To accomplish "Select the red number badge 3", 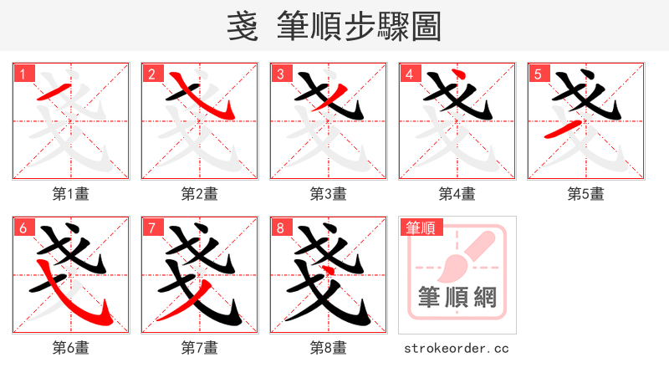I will coord(281,74).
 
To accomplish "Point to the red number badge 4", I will coord(410,74).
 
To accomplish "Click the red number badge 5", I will coord(539,74).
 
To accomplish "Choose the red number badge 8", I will coord(281,227).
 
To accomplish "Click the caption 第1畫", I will coord(71,194).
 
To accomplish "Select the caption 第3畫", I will coord(329,194).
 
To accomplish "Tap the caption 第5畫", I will coord(586,194).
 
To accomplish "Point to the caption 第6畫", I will coord(71,348).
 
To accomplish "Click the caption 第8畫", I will coord(329,348).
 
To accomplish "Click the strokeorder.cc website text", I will coord(457,348).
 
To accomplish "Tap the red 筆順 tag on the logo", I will coord(421,227).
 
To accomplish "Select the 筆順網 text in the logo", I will coord(457,297).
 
